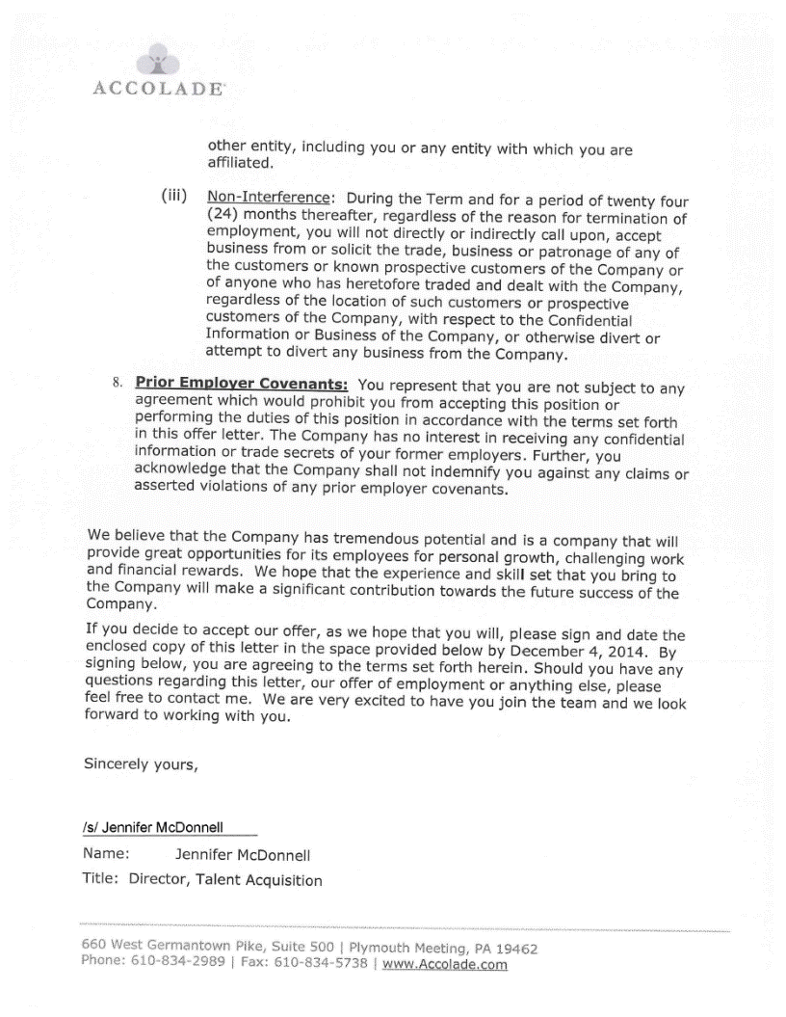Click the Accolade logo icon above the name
[156, 62]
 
